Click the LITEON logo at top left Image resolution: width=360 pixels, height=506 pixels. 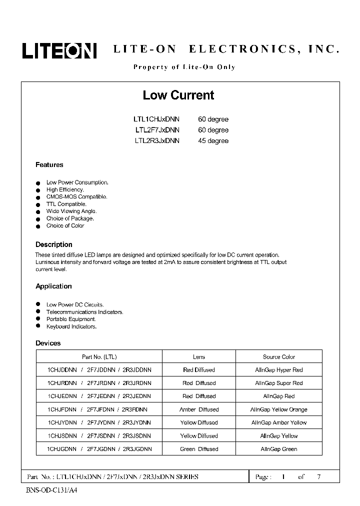(59, 50)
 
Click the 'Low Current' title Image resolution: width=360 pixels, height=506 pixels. (178, 95)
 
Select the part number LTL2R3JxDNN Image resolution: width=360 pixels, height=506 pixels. (156, 141)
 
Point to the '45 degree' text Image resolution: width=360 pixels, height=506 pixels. (213, 141)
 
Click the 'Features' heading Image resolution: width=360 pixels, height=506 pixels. (49, 165)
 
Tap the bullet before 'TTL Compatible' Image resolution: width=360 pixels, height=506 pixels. (37, 204)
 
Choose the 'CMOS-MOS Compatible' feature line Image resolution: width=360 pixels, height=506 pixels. (76, 197)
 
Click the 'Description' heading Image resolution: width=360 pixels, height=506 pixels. (53, 244)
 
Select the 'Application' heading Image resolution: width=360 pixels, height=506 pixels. (53, 286)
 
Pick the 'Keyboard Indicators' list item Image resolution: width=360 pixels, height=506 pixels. (71, 326)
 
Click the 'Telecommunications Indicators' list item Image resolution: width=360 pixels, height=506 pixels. (84, 312)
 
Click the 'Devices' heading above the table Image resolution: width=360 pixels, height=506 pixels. (48, 343)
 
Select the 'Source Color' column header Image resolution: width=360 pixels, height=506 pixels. (278, 357)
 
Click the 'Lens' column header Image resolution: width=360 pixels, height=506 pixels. (198, 357)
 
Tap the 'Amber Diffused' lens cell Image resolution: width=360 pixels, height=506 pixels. (198, 409)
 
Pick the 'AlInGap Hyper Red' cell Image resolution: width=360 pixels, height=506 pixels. (278, 370)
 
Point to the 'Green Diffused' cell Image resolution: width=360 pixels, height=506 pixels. (198, 449)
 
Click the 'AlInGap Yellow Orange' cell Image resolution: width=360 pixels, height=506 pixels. (278, 409)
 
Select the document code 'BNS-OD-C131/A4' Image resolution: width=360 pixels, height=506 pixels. (51, 490)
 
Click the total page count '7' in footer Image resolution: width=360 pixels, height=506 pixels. (318, 477)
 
